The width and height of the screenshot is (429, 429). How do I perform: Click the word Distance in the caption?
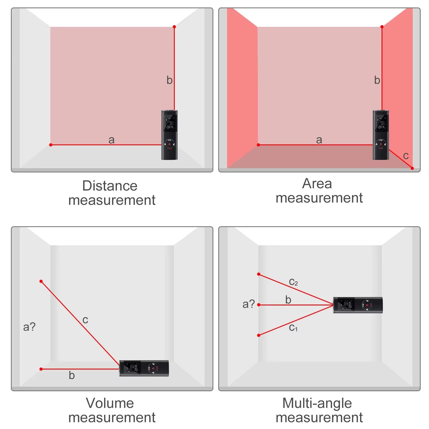tap(110, 186)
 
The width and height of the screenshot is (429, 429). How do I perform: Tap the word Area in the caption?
tap(317, 184)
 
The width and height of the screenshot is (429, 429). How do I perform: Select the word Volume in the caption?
tap(110, 403)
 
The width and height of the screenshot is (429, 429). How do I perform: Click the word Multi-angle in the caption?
tap(317, 403)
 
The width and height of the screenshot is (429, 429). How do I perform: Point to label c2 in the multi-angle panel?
tap(293, 282)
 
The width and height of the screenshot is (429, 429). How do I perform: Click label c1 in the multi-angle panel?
tap(293, 327)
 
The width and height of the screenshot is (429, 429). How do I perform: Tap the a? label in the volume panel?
tap(29, 327)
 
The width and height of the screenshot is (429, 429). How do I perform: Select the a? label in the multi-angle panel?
tap(248, 304)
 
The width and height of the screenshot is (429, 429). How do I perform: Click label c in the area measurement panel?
tap(406, 156)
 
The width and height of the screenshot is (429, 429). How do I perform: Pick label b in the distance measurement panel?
tap(169, 80)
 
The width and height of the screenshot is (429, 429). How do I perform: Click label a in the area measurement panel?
tap(319, 140)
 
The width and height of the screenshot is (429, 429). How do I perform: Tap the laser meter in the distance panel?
tap(169, 135)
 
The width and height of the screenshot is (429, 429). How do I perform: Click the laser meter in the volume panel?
tap(144, 368)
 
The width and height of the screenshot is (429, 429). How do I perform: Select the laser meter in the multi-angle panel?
tap(358, 305)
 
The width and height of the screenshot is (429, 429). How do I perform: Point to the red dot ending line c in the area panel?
tap(412, 168)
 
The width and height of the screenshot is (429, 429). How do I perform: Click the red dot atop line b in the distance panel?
tap(174, 27)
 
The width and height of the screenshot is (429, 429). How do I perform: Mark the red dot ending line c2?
tap(259, 274)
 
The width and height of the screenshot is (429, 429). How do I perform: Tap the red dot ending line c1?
tap(259, 335)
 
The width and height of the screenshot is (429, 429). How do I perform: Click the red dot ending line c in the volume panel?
tap(41, 281)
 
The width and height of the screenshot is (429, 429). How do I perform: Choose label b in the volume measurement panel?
tap(71, 376)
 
